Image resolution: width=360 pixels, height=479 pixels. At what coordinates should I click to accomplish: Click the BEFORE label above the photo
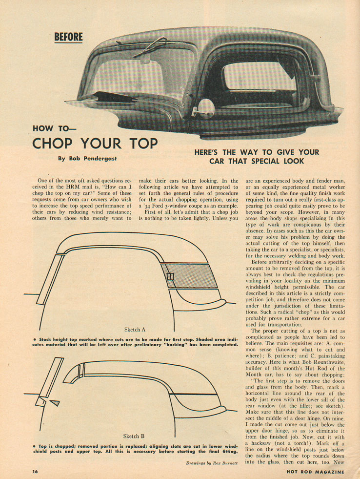[x=68, y=37]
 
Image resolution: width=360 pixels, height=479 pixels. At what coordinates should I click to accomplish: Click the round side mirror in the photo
[x=206, y=107]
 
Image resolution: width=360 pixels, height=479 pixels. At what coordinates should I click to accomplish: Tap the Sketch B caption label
[x=134, y=436]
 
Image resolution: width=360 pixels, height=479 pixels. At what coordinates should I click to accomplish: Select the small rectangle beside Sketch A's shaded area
[x=170, y=277]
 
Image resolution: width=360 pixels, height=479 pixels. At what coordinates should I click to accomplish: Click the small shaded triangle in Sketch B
[x=55, y=402]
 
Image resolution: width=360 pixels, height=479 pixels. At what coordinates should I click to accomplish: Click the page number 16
[x=35, y=472]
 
